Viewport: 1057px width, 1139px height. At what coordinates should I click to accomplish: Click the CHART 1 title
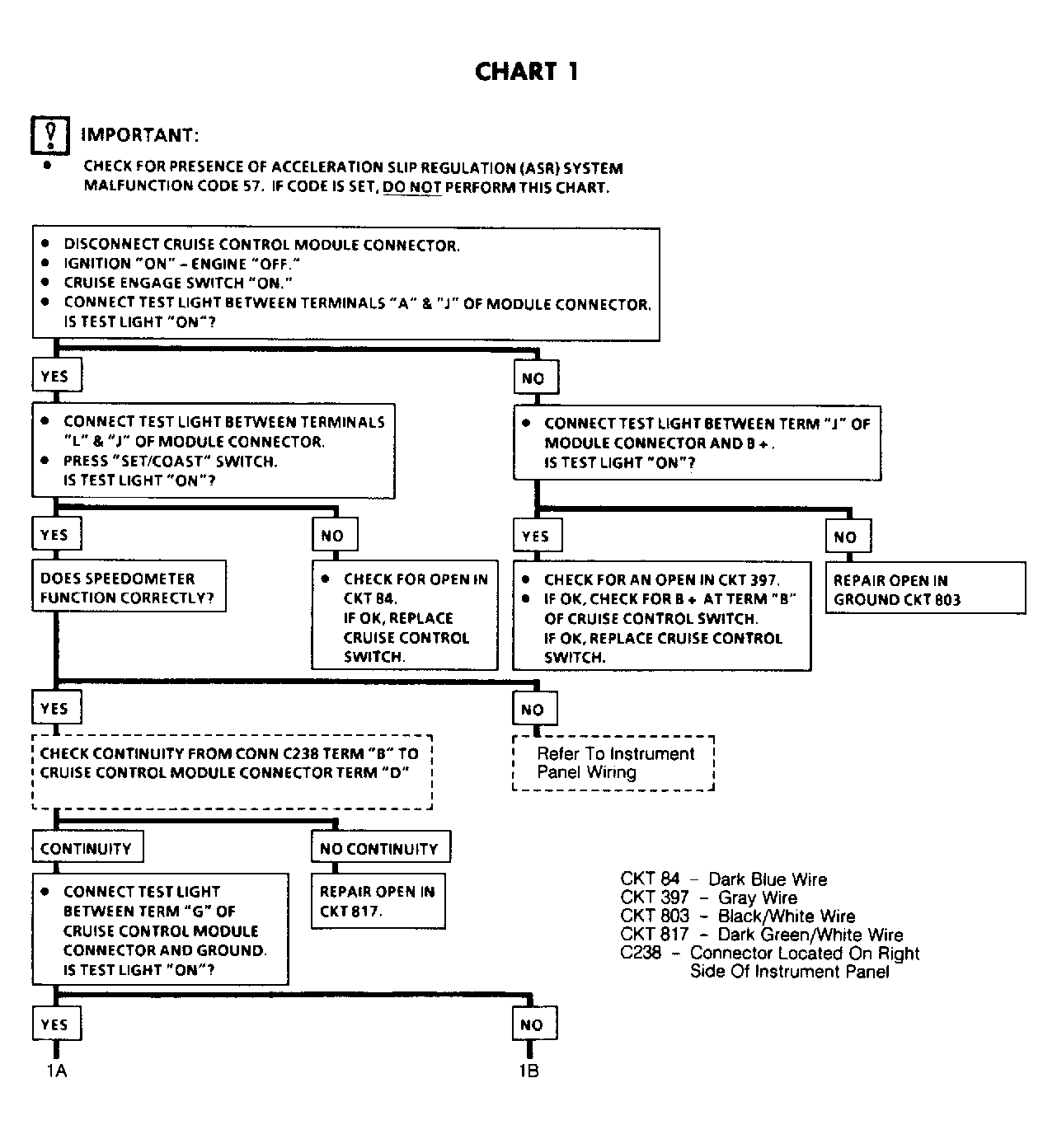coord(526,73)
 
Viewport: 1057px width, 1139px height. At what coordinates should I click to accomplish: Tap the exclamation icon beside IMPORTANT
coord(50,136)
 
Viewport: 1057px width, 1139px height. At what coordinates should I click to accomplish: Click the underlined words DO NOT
coord(412,188)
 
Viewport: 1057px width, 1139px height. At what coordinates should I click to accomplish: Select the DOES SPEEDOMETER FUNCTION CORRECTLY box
coord(129,586)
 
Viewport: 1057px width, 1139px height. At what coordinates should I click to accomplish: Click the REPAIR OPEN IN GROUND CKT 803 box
coord(925,588)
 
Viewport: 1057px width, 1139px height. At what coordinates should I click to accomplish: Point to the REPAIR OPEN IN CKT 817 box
coord(378,901)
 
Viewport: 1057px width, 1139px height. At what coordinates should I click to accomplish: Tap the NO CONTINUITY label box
coord(381,846)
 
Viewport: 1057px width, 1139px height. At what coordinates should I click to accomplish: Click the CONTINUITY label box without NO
coord(87,846)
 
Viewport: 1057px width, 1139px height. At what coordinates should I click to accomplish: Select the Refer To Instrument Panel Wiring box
coord(613,763)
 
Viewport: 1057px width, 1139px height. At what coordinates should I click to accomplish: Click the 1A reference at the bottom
coord(57,1071)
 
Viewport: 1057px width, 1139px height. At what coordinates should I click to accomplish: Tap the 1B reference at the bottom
coord(529,1071)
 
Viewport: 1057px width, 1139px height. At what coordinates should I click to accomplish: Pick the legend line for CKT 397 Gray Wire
coord(709,898)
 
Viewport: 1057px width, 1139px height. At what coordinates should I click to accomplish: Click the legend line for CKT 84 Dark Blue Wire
coord(724,879)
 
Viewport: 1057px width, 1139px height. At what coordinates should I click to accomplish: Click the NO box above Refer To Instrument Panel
coord(535,710)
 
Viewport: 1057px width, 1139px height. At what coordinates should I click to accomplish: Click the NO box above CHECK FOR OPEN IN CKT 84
coord(335,535)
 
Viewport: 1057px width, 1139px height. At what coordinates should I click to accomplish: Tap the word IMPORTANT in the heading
coord(139,135)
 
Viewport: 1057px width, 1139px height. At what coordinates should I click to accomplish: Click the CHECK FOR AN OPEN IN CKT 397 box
coord(661,616)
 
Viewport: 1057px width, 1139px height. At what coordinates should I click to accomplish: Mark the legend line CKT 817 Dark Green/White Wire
coord(762,935)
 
